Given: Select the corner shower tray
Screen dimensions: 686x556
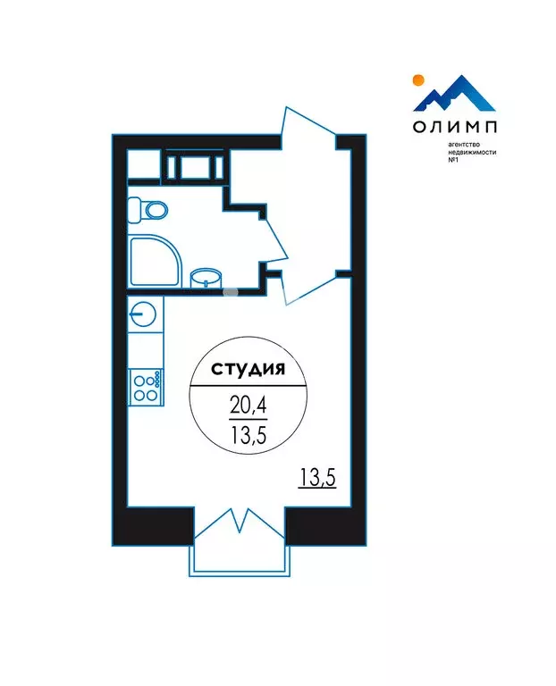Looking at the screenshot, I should (x=154, y=262).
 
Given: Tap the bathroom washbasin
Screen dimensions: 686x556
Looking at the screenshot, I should (x=208, y=277).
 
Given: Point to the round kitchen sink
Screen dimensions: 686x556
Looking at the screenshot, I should (x=143, y=314).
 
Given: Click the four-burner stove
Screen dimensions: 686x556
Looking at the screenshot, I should (x=145, y=387).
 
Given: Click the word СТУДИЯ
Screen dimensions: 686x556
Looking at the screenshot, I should (x=248, y=368).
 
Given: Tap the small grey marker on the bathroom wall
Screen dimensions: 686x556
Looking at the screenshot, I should (x=231, y=289).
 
